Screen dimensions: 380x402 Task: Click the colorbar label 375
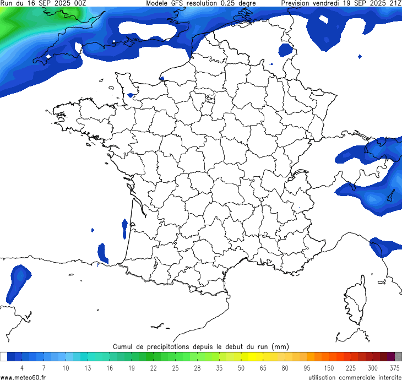tap(394, 368)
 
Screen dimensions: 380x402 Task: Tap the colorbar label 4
tap(22, 368)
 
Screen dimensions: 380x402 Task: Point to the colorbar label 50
tap(241, 368)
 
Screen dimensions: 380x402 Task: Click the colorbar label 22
tap(154, 368)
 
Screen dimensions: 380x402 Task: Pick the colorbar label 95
tap(307, 368)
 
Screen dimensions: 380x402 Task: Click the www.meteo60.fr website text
tap(23, 377)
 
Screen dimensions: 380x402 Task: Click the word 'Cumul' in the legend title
tap(124, 346)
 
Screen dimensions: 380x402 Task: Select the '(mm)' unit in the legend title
tap(280, 346)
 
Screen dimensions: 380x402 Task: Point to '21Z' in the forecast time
tap(395, 3)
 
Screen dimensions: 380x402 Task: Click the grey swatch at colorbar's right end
tap(398, 356)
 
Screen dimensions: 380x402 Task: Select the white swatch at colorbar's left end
tap(4, 356)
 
